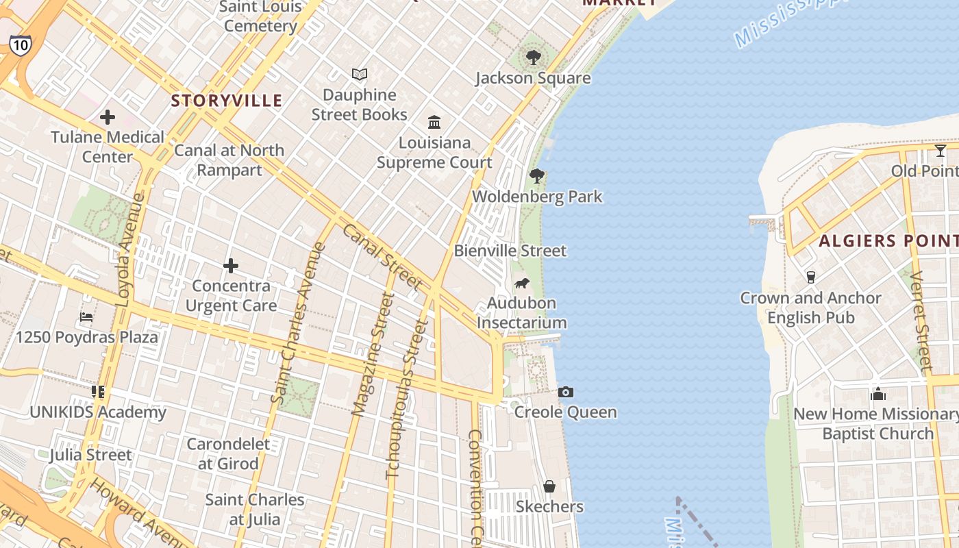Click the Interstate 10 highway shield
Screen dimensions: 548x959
pyautogui.click(x=20, y=45)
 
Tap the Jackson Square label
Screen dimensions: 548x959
pyautogui.click(x=533, y=78)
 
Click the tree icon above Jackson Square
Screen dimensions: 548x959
pyautogui.click(x=533, y=58)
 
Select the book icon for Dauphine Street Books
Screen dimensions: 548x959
pyautogui.click(x=360, y=74)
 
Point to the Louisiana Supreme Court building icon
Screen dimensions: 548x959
pyautogui.click(x=434, y=122)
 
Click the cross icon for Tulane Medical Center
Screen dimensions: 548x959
pyautogui.click(x=108, y=117)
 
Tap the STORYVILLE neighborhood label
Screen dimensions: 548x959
pyautogui.click(x=226, y=101)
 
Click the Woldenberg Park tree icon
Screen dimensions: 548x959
pyautogui.click(x=537, y=176)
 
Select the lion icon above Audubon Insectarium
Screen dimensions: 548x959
pyautogui.click(x=521, y=283)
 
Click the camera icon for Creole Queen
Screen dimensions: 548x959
pyautogui.click(x=565, y=392)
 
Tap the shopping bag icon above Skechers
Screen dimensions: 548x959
pyautogui.click(x=549, y=486)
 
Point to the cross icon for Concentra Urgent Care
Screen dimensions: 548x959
pyautogui.click(x=231, y=266)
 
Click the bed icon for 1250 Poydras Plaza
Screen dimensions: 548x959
pyautogui.click(x=86, y=317)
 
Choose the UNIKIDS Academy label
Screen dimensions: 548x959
pyautogui.click(x=98, y=412)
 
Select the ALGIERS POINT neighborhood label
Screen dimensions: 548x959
pyautogui.click(x=888, y=241)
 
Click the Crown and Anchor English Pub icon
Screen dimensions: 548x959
pyautogui.click(x=811, y=277)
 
